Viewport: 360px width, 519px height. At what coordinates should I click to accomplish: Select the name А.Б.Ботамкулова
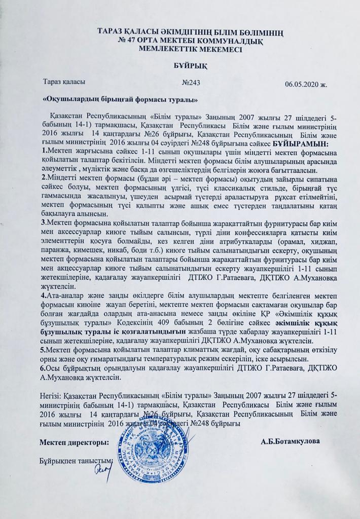[291, 441]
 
